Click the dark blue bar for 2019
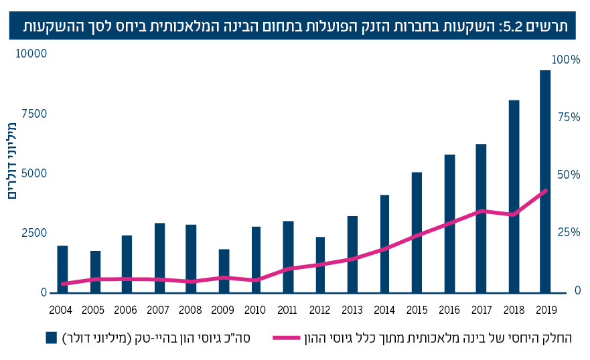pos(545,181)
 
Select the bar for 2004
pos(62,269)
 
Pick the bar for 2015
pos(417,232)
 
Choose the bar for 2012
pos(320,264)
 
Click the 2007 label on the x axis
pos(159,310)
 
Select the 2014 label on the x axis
pos(384,310)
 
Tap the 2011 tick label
pos(288,310)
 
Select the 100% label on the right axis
pos(565,60)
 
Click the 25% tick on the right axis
pos(567,232)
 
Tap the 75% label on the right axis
pos(567,118)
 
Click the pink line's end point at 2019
pos(545,190)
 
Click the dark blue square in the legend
pos(51,338)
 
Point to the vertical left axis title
pos(11,161)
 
